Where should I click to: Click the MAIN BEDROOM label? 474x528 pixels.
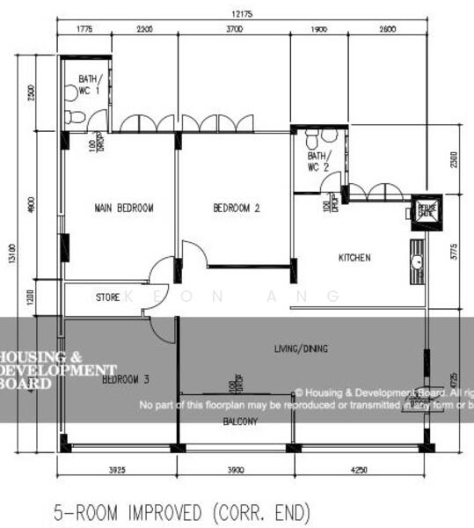pos(124,209)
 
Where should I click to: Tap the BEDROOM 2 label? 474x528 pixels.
pos(237,209)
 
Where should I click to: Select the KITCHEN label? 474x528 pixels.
pos(355,258)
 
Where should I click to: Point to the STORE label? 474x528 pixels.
pos(107,298)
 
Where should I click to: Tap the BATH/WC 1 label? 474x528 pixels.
pos(89,84)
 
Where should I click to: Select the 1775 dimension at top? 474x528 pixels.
pos(84,29)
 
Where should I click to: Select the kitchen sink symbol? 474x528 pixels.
pos(418,260)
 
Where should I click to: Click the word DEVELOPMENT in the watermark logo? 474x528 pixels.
pos(58,370)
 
